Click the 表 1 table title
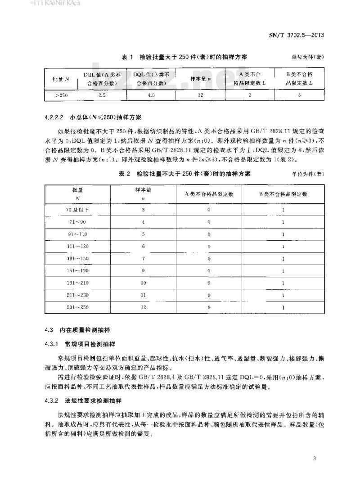pos(184,58)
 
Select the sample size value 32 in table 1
pos(201,95)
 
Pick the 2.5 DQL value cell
pos(101,95)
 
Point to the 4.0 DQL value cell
pos(151,95)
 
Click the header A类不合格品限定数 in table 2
pos(209,194)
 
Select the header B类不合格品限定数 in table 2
pos(283,194)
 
